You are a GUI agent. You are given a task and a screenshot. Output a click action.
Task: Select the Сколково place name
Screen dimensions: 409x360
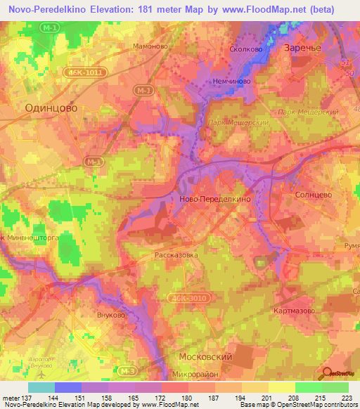[x=246, y=50]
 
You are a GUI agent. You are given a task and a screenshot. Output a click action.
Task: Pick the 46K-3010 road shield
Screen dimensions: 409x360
[x=187, y=299]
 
